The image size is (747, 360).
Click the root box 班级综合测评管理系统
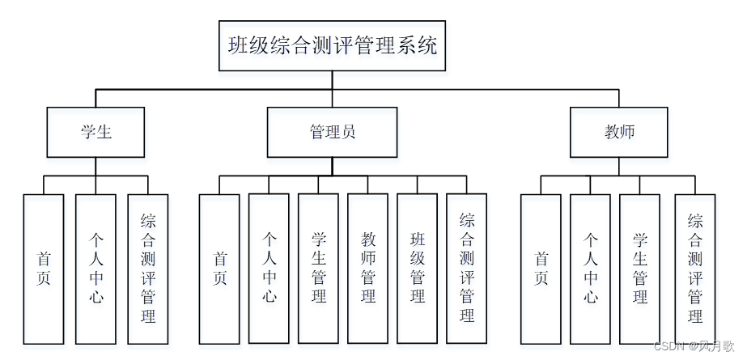[x=332, y=46]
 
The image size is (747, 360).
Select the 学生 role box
[x=95, y=132]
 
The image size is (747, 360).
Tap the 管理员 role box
[x=332, y=132]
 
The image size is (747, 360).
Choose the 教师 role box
[x=619, y=132]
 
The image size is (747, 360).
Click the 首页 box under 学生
[x=44, y=269]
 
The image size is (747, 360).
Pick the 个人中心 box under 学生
[x=95, y=269]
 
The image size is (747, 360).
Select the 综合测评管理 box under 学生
[x=148, y=269]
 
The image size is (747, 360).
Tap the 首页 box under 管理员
[x=219, y=269]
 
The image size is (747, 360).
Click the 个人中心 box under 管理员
[x=269, y=269]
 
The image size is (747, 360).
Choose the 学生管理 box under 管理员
[x=318, y=269]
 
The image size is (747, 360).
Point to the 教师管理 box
[x=368, y=269]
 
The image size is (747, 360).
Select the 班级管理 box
[x=418, y=269]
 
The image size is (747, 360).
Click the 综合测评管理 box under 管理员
[x=467, y=269]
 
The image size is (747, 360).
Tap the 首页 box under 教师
[x=541, y=269]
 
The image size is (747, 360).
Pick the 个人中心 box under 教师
[x=590, y=269]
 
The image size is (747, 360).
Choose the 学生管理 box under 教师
[x=640, y=269]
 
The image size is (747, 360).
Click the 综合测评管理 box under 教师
[x=695, y=269]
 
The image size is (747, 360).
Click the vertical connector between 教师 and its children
[x=619, y=166]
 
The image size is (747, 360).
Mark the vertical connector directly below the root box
[x=332, y=79]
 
